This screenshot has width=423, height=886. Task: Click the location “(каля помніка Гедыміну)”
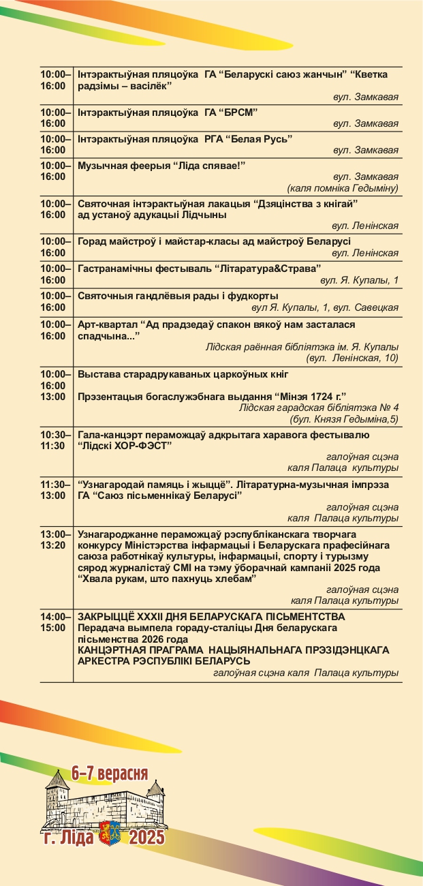[x=343, y=188]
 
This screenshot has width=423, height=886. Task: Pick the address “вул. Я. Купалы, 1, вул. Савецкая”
[x=325, y=308]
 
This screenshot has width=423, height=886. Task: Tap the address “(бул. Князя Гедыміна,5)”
[x=344, y=418]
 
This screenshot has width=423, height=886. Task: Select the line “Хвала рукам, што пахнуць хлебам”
[x=167, y=579]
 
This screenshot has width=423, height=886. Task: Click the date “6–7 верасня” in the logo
[x=110, y=774]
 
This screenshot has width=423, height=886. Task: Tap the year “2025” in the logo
[x=146, y=837]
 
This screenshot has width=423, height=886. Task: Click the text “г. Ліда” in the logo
[x=69, y=838]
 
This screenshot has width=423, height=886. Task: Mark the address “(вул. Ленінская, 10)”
[x=352, y=358]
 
